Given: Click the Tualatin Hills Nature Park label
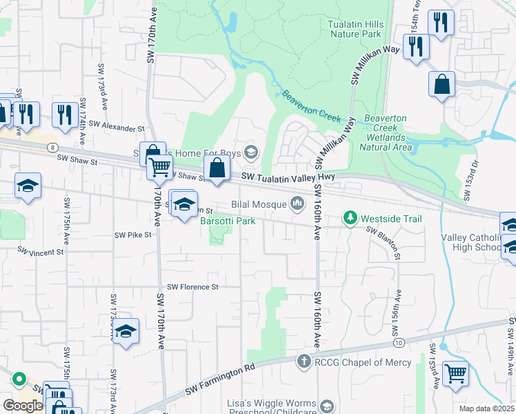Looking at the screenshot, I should [355, 29].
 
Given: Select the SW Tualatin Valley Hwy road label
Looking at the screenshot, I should [288, 177].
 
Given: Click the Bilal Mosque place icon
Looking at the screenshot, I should [298, 203].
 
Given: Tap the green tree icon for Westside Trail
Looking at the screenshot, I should [351, 219].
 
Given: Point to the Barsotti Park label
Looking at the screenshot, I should [228, 221].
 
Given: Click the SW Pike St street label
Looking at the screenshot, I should [132, 235].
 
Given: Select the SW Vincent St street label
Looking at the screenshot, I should [40, 252].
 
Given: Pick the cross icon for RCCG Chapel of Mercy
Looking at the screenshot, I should [304, 362].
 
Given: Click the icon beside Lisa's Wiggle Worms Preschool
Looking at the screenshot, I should [326, 405].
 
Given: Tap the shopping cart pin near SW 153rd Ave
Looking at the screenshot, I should [455, 374].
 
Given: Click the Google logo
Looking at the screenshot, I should [22, 406].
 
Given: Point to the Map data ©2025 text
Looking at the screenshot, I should [487, 408].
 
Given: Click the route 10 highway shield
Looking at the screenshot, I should [399, 342].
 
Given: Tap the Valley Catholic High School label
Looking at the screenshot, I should [471, 242].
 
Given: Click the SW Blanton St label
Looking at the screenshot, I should [382, 239].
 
